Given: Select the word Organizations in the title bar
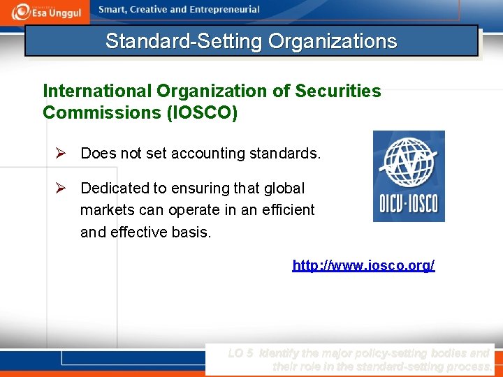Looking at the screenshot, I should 332,41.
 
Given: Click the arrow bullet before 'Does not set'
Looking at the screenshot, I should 61,153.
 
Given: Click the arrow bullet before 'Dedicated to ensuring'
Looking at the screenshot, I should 61,188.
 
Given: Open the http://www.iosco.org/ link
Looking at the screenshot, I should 363,265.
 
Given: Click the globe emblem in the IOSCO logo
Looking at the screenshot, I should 409,162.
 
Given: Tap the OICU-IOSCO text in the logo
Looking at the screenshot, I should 409,205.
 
